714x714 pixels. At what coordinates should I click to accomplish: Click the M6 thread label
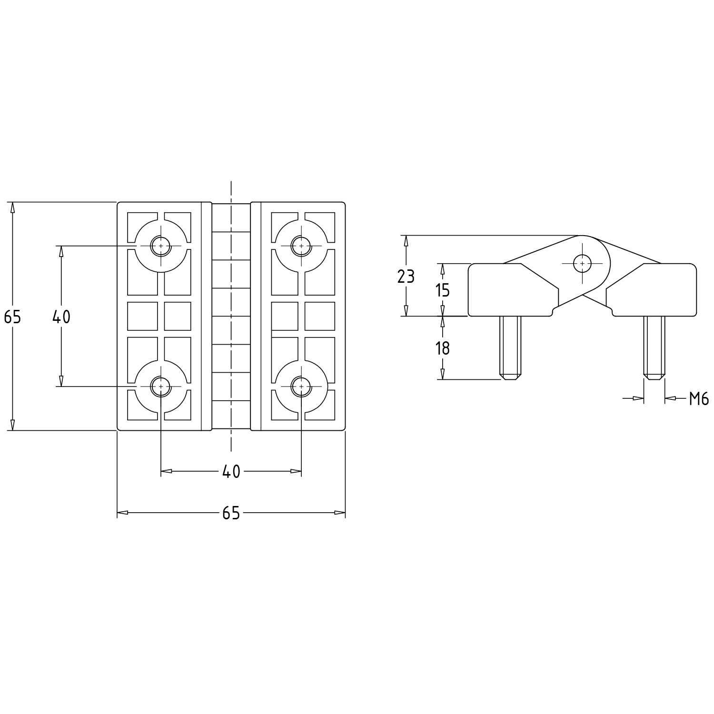click(699, 399)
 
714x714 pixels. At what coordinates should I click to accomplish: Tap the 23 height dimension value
click(406, 276)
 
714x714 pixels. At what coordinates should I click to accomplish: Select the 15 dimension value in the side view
click(443, 289)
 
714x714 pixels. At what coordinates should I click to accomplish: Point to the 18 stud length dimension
click(443, 348)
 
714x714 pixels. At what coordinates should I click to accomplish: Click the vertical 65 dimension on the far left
click(13, 316)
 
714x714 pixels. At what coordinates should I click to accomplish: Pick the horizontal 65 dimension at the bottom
click(231, 513)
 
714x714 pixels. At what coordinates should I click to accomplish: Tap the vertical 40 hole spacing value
click(61, 316)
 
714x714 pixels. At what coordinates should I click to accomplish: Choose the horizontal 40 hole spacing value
click(231, 472)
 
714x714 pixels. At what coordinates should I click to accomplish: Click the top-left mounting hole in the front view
click(161, 246)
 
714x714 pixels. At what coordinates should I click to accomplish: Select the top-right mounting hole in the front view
click(301, 246)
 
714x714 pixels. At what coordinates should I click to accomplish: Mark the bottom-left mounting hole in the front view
click(161, 386)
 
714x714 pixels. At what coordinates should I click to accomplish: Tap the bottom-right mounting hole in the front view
click(301, 386)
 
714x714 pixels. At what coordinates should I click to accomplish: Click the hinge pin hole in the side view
click(582, 263)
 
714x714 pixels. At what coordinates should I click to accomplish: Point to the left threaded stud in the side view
click(510, 347)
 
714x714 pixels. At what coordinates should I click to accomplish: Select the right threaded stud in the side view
click(654, 347)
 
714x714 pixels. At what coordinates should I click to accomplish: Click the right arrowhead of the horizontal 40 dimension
click(296, 471)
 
